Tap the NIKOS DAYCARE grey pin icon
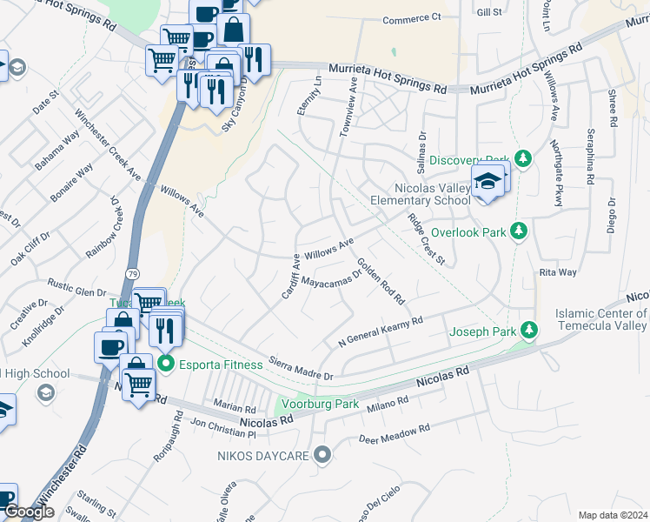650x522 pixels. tap(323, 454)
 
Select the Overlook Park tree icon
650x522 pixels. tap(519, 231)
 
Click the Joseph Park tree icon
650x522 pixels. tap(528, 330)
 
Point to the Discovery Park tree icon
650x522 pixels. tap(522, 157)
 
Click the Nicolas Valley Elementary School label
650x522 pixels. tap(421, 194)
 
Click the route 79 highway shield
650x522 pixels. tap(129, 275)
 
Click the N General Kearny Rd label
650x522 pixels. tap(380, 332)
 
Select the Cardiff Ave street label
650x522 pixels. tap(289, 276)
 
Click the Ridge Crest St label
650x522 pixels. tap(426, 241)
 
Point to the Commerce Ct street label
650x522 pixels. tap(413, 18)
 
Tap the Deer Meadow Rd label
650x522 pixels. tap(395, 432)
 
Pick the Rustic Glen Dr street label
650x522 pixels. tap(76, 288)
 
